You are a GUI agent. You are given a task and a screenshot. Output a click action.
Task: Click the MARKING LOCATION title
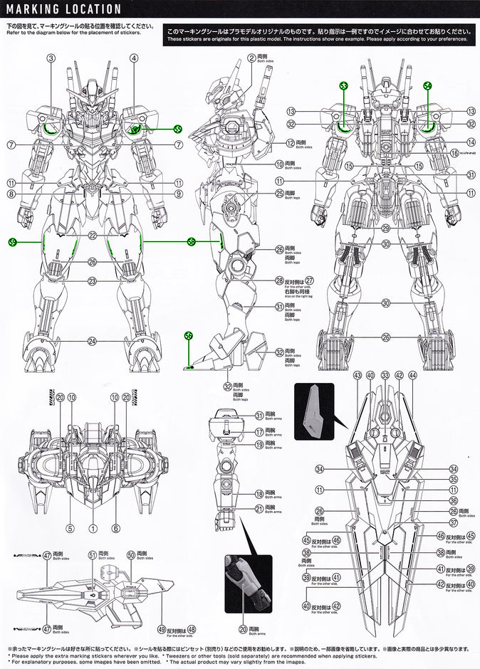[x=63, y=9]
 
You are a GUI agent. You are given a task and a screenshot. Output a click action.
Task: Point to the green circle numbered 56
[x=188, y=335]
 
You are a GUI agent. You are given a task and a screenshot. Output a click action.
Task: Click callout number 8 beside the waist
[x=11, y=194]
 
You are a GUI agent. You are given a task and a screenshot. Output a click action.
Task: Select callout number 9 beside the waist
[x=178, y=194]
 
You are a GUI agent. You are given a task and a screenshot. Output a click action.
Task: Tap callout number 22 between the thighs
[x=93, y=236]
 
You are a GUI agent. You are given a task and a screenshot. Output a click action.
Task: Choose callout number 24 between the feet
[x=93, y=341]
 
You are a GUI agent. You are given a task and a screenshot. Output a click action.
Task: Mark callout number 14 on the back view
[x=471, y=142]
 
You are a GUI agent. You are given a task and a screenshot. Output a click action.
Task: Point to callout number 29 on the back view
[x=385, y=228]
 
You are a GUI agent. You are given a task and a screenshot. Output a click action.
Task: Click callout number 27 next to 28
[x=308, y=280]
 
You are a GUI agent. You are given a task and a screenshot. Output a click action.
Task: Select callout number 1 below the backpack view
[x=93, y=528]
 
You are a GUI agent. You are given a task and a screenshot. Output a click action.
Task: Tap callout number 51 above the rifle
[x=93, y=554]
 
